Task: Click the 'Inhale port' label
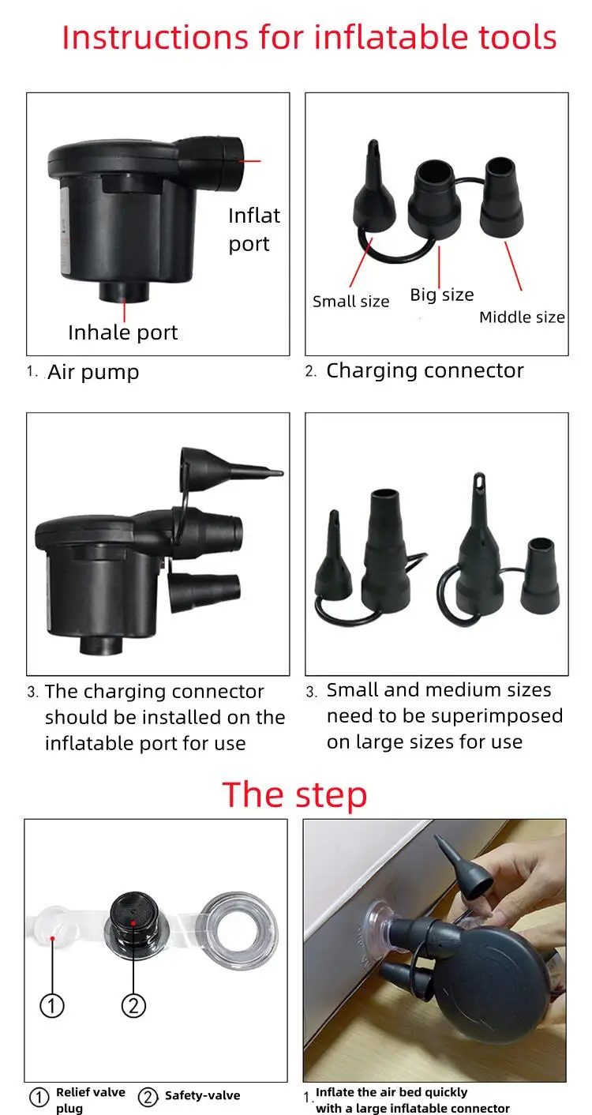[x=123, y=332]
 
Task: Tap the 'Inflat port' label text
[x=254, y=230]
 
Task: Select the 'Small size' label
[x=350, y=302]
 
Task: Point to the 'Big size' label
[x=442, y=295]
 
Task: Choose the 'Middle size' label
[x=522, y=317]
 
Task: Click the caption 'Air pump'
[x=93, y=372]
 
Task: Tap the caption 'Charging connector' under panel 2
[x=425, y=371]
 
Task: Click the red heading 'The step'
[x=294, y=795]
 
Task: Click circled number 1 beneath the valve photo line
[x=52, y=1005]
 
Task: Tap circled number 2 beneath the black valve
[x=133, y=1005]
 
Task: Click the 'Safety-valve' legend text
[x=203, y=1095]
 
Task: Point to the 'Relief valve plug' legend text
[x=91, y=1100]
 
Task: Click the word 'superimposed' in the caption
[x=497, y=716]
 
